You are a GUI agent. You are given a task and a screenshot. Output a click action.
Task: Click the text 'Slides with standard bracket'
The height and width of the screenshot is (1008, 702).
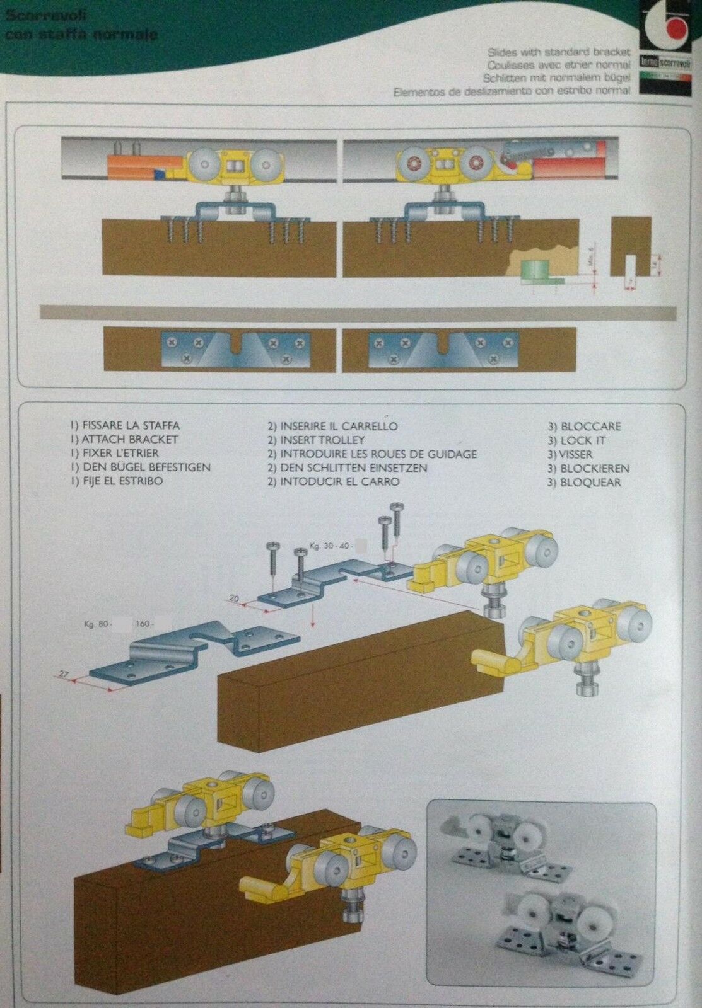[558, 52]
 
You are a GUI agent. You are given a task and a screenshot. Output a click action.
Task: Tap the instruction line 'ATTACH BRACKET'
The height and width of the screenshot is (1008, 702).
[124, 439]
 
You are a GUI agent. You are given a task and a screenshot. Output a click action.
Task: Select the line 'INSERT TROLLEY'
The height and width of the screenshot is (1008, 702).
[315, 440]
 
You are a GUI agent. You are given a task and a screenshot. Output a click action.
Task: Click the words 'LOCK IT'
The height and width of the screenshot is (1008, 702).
[576, 440]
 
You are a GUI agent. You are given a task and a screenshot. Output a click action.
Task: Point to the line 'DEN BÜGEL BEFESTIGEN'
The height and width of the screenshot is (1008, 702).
[140, 467]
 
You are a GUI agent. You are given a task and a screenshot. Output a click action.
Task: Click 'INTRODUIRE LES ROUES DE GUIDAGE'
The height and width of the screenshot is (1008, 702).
[371, 454]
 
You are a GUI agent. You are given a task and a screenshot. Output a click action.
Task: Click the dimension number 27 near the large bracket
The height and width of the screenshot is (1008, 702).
[63, 675]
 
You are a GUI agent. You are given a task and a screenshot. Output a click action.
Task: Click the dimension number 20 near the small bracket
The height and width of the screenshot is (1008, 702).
[235, 597]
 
